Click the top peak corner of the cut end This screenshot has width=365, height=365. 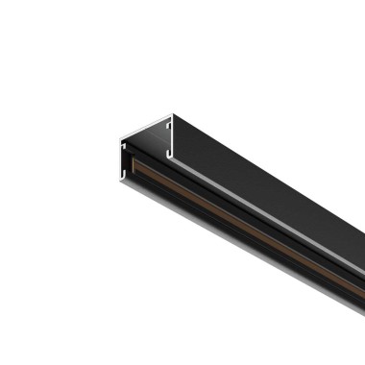click(172, 114)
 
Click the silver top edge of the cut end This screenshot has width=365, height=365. click(146, 126)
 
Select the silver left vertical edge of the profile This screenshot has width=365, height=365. click(120, 158)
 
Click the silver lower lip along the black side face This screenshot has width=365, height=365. click(269, 229)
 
